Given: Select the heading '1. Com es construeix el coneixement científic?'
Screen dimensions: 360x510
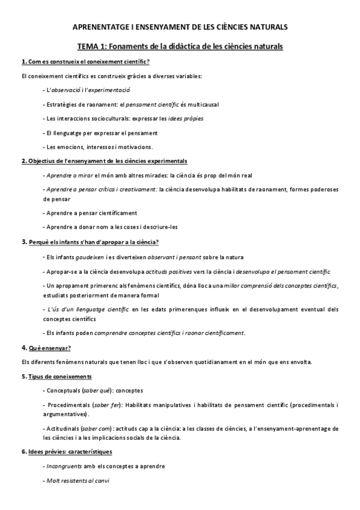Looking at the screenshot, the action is pos(85,63).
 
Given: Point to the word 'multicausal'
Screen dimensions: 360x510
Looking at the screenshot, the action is pos(202,104).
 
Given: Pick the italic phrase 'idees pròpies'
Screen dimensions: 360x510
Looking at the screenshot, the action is pos(185,118).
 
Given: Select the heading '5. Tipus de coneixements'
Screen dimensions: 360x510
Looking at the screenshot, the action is pos(56,376).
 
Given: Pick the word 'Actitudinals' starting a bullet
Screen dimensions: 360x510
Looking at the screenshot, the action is pos(66,428).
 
